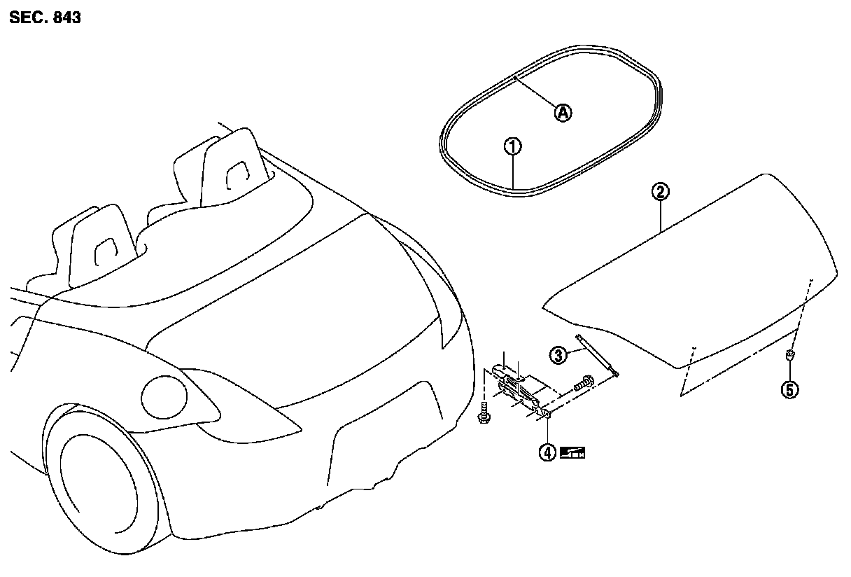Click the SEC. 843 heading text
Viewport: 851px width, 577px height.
pyautogui.click(x=45, y=18)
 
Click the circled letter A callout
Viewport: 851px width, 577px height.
pyautogui.click(x=563, y=112)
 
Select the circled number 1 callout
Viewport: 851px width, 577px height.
pyautogui.click(x=513, y=146)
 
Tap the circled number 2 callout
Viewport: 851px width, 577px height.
pyautogui.click(x=661, y=190)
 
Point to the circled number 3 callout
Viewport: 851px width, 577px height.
pyautogui.click(x=558, y=355)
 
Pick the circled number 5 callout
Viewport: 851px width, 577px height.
pyautogui.click(x=789, y=390)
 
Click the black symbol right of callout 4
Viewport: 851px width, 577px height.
pyautogui.click(x=572, y=452)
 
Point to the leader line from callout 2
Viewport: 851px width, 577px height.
pyautogui.click(x=661, y=214)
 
